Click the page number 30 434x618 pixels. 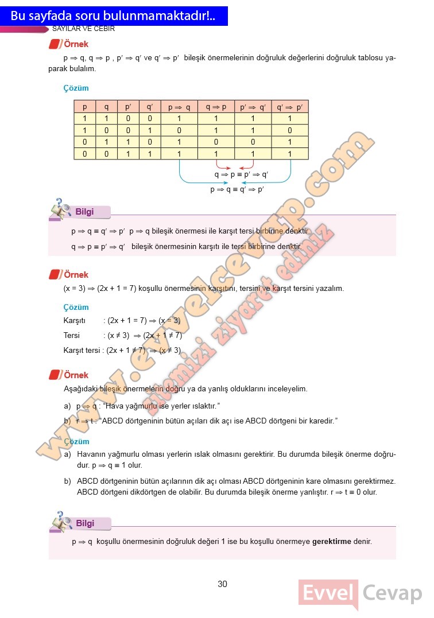(x=222, y=584)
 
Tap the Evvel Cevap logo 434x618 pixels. (x=360, y=594)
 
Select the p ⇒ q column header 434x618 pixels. (x=179, y=107)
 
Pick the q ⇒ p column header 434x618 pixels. (x=216, y=107)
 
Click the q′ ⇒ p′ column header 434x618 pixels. (x=289, y=107)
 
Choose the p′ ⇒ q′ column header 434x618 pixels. (x=253, y=107)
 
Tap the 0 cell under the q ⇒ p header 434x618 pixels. (x=216, y=142)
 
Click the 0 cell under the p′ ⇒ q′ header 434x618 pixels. (x=253, y=142)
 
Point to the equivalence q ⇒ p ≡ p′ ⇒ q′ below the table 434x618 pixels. (x=242, y=174)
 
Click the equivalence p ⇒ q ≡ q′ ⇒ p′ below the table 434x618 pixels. (x=237, y=189)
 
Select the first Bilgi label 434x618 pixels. (x=84, y=212)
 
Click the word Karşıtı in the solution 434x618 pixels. (x=75, y=321)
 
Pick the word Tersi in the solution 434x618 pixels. (x=72, y=335)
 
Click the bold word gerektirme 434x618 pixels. (x=331, y=541)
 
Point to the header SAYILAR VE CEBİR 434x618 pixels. (x=84, y=28)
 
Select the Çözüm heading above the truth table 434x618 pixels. (x=76, y=88)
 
